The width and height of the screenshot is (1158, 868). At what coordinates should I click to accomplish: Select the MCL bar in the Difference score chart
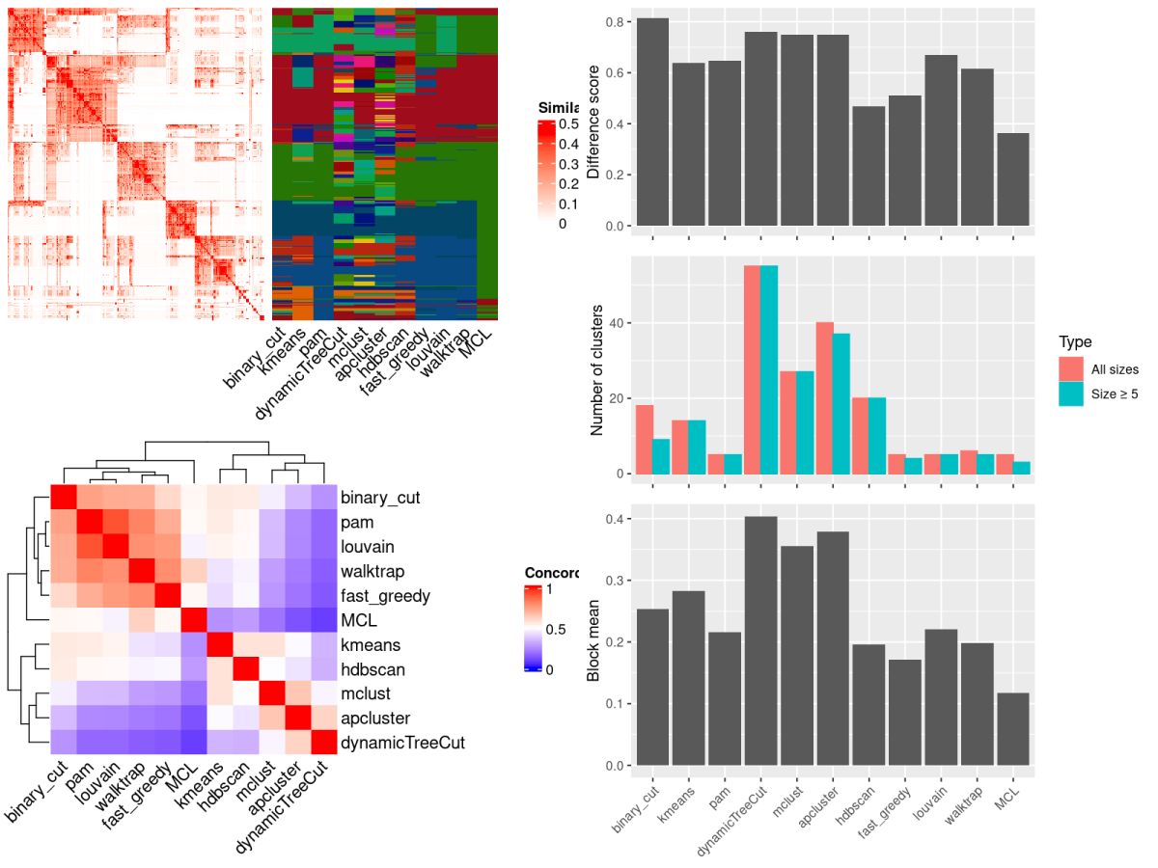(x=1014, y=179)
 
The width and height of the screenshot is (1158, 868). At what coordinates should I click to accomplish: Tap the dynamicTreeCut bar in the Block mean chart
(x=760, y=640)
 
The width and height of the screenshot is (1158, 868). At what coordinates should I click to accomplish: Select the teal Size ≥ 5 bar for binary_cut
(x=661, y=456)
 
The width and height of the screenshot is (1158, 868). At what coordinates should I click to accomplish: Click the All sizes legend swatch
(x=1070, y=369)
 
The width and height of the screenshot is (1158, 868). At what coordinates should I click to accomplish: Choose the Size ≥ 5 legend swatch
(x=1070, y=393)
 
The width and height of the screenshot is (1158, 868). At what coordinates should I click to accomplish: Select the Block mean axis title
(x=594, y=641)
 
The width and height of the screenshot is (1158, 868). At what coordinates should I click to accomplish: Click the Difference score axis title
(x=594, y=122)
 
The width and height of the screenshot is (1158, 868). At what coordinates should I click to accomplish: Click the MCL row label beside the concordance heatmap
(x=358, y=620)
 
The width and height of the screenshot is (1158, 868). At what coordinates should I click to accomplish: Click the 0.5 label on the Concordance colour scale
(x=556, y=629)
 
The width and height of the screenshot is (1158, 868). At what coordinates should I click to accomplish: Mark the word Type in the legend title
(x=1075, y=341)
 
